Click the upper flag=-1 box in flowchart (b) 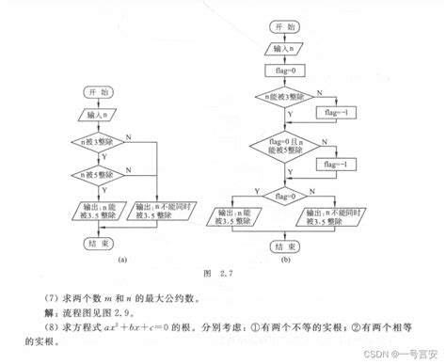point(334,114)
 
